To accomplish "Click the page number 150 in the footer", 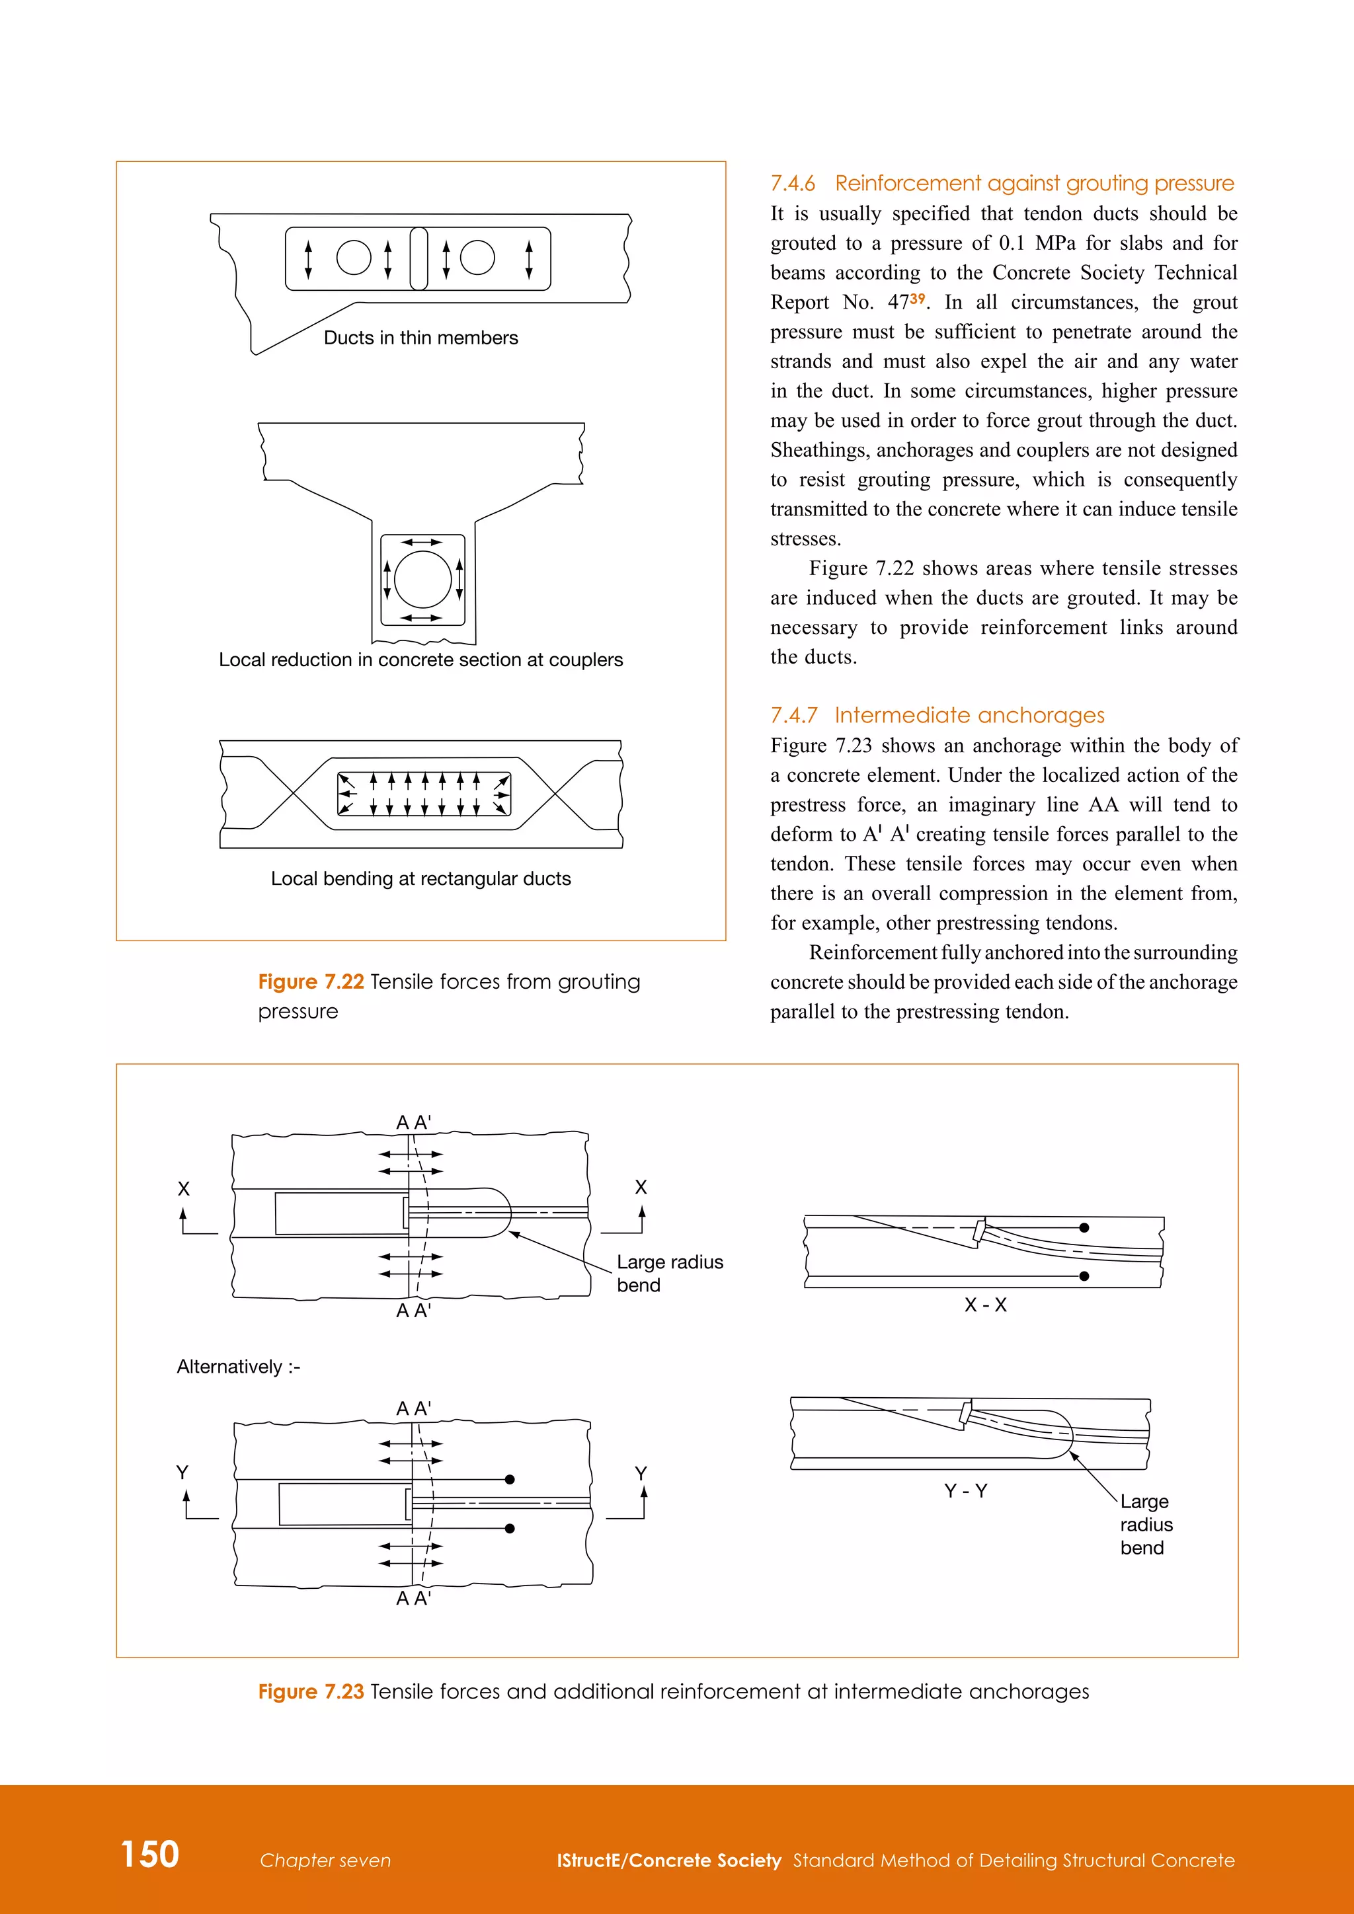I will pos(150,1853).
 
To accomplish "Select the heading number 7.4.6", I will pos(792,183).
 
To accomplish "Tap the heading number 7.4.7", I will pos(793,715).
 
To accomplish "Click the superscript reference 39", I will pos(917,299).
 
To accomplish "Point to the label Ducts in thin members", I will pos(420,338).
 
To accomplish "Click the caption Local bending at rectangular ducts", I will pos(420,878).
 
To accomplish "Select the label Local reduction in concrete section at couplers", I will pos(420,660).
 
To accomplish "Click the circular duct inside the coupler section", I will pos(422,580).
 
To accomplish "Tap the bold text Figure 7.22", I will pos(311,981).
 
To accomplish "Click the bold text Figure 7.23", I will pos(311,1691).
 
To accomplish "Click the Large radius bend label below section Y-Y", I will pos(1146,1524).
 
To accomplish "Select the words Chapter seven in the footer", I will pos(325,1860).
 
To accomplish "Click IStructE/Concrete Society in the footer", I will pos(668,1860).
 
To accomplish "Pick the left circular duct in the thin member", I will pos(354,258).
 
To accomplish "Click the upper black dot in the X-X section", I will pos(1084,1228).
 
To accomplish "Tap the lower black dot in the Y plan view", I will pos(510,1528).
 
